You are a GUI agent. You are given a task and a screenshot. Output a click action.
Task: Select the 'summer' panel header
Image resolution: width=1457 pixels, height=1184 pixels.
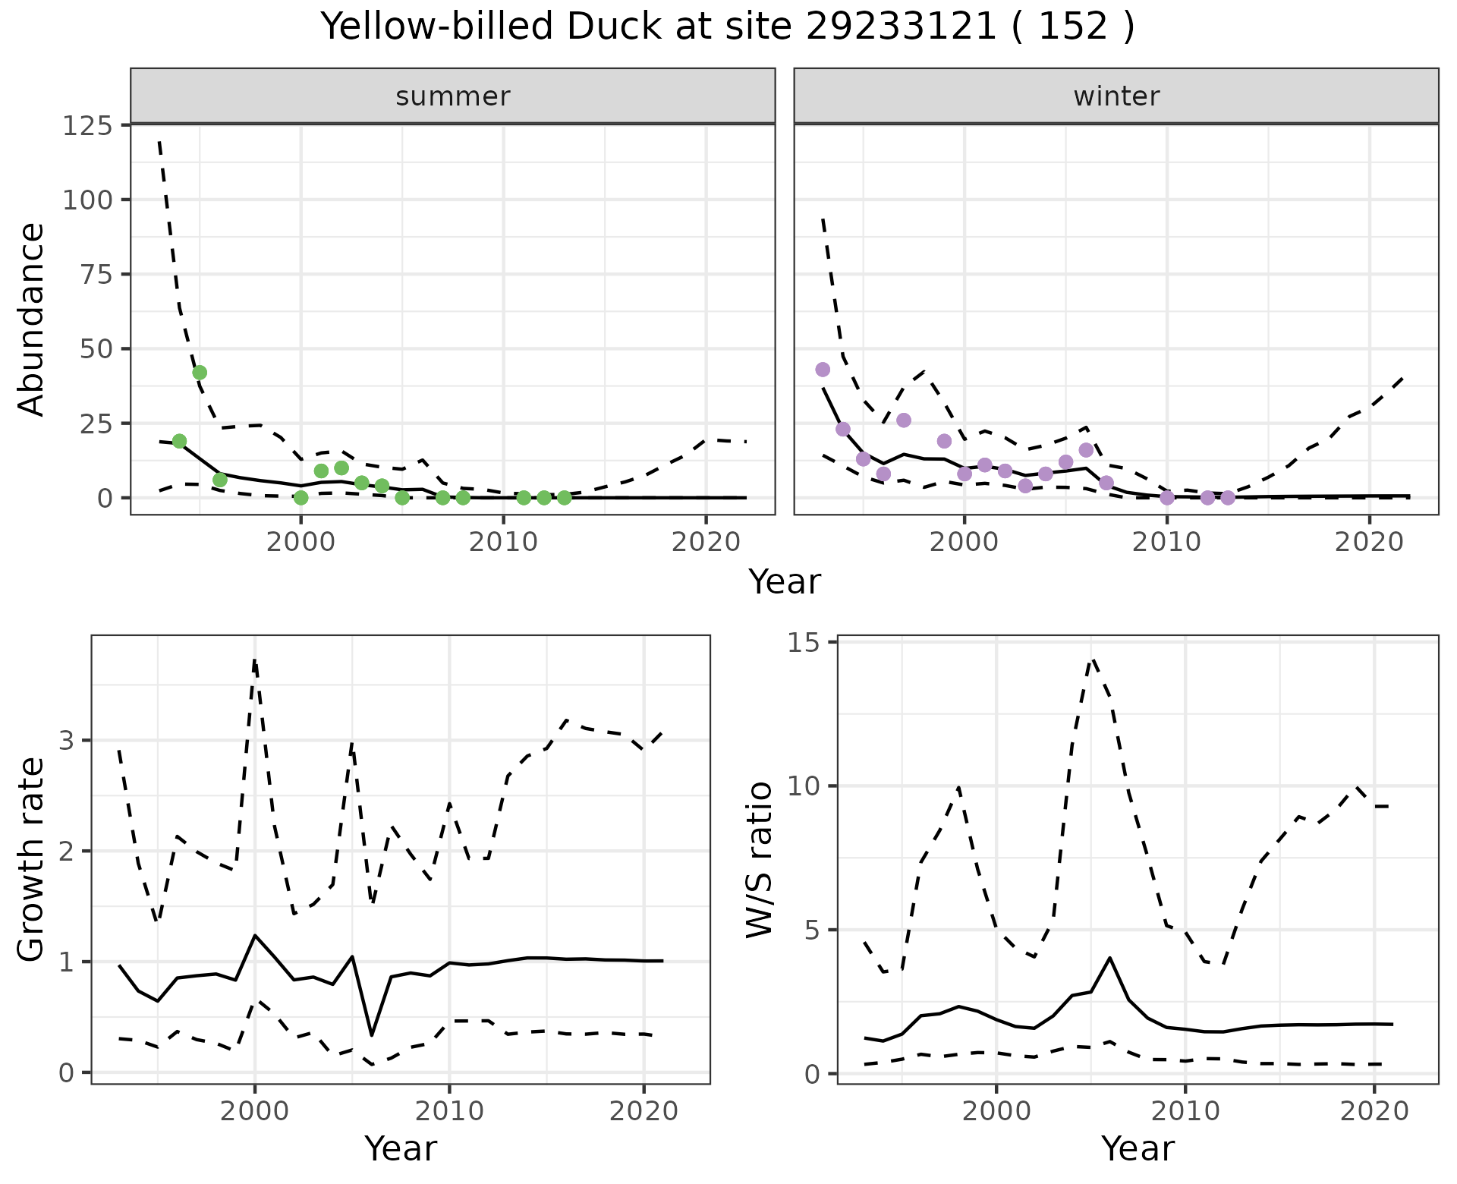[453, 96]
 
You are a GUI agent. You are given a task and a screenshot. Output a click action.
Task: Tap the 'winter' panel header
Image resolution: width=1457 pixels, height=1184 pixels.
[1116, 96]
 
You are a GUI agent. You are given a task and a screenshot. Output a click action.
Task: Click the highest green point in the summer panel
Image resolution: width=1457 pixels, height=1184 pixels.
[200, 373]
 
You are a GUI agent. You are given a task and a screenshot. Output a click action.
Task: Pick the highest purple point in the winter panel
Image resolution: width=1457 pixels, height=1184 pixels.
[823, 370]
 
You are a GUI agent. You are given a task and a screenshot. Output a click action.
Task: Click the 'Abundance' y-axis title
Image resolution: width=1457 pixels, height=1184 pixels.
[32, 319]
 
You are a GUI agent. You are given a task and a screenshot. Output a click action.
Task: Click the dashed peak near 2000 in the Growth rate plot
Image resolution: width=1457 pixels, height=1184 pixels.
[255, 660]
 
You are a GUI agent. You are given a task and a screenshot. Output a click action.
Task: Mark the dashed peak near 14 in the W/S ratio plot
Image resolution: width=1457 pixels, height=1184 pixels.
[1092, 659]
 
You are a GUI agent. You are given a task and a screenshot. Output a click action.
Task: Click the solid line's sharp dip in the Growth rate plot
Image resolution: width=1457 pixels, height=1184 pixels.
[372, 1035]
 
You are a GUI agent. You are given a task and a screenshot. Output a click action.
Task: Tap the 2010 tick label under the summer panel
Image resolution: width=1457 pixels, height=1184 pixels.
[503, 543]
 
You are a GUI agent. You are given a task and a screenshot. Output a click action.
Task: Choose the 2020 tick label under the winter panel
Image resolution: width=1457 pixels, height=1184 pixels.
[1369, 543]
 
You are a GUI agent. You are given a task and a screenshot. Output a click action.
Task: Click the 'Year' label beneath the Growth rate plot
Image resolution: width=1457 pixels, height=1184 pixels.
[401, 1148]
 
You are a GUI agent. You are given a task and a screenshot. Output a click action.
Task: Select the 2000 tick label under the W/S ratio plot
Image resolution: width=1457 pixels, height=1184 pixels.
[996, 1112]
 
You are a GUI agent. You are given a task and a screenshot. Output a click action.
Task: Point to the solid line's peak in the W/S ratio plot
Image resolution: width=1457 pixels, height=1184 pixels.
[1110, 958]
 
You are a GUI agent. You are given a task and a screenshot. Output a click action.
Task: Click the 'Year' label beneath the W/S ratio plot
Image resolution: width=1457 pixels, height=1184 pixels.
[1138, 1148]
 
